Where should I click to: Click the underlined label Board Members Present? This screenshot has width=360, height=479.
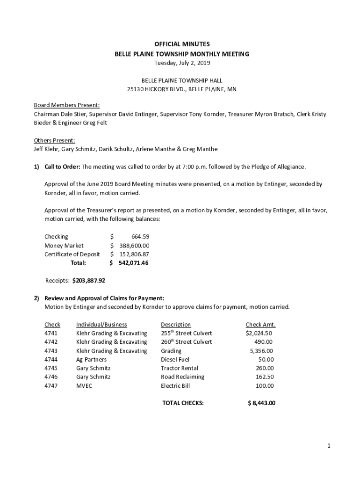tap(66, 105)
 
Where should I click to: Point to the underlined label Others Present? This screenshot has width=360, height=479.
tap(54, 140)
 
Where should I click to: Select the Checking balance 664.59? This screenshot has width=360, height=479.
tap(140, 237)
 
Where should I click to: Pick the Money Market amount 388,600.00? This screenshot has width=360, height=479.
tap(134, 246)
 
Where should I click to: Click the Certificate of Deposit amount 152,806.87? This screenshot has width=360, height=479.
tap(134, 254)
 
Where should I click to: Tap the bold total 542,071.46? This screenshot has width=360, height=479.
tap(133, 263)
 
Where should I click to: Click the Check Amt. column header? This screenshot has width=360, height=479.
tap(260, 325)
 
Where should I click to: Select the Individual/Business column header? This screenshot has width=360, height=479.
tap(101, 325)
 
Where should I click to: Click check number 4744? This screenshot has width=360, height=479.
tap(51, 360)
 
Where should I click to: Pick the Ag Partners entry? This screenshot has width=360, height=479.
tap(91, 360)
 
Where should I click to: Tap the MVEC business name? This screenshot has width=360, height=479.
tap(84, 386)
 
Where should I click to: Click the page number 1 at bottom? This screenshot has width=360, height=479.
tap(329, 446)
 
